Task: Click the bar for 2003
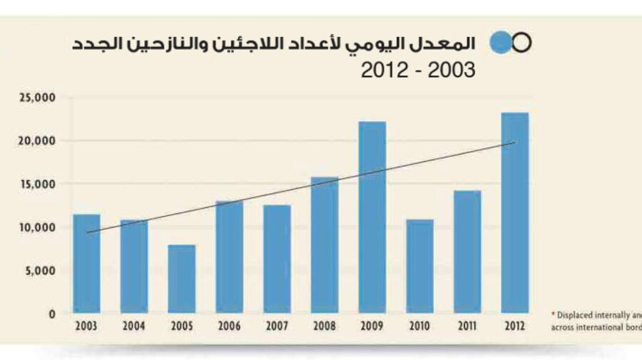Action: tap(86, 264)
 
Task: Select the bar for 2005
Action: tap(181, 279)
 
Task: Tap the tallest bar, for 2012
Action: tap(514, 213)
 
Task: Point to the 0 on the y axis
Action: tap(53, 314)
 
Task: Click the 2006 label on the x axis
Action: tap(229, 326)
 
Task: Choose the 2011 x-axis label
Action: tap(467, 326)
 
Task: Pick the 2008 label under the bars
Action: tap(324, 326)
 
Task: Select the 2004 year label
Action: tap(133, 326)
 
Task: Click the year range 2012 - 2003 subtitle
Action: tap(417, 70)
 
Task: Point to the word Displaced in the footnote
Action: tap(576, 314)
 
